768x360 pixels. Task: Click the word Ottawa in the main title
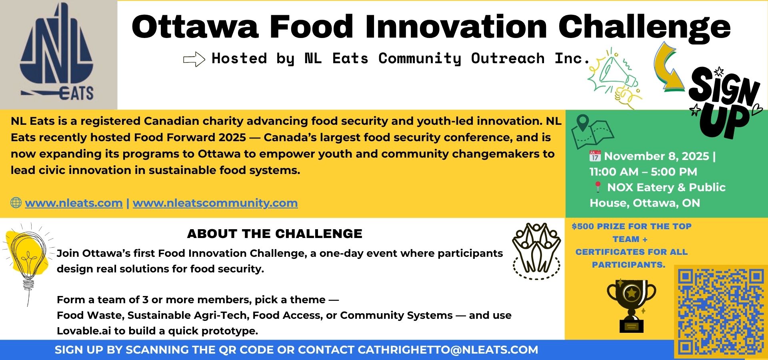[195, 27]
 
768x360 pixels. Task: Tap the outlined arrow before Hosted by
[194, 59]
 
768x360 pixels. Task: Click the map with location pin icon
[592, 132]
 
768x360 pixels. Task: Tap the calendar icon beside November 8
[595, 156]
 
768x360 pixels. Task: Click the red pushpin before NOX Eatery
[598, 187]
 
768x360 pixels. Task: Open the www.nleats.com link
[74, 203]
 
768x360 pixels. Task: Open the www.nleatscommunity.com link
[215, 203]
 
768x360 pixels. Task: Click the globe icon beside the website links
[16, 203]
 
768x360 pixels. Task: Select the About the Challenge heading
[275, 234]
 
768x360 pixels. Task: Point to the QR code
[720, 312]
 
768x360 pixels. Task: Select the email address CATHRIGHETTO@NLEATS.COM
[448, 350]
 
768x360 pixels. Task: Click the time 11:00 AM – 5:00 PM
[643, 172]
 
